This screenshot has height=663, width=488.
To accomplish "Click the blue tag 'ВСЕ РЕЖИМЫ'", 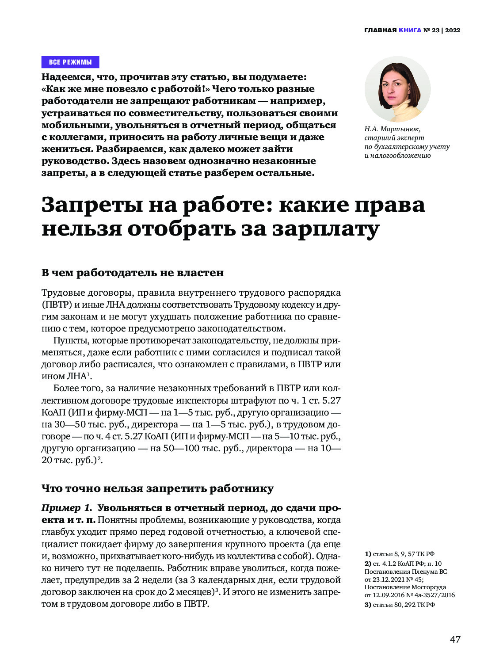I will coord(70,62).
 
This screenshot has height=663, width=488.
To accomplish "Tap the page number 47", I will coord(455,639).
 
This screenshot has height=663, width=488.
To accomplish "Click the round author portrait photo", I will coord(397,89).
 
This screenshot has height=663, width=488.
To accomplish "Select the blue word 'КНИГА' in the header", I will coord(410,30).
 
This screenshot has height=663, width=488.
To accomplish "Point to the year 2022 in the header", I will coord(453,30).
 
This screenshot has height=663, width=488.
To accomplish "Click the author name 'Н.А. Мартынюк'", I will coord(392,129).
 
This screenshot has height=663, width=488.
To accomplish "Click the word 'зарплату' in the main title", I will coord(325,229).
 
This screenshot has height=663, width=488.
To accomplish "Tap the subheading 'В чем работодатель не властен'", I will coord(133,273).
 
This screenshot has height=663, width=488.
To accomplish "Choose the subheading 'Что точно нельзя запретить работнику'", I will coord(157,488).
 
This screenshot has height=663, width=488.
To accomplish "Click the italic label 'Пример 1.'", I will coord(67,508).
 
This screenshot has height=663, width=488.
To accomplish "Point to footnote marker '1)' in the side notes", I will coord(368,554).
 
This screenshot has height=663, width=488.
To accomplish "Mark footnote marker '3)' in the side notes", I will coord(368,605).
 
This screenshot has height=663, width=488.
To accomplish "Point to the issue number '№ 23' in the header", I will coord(432,30).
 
